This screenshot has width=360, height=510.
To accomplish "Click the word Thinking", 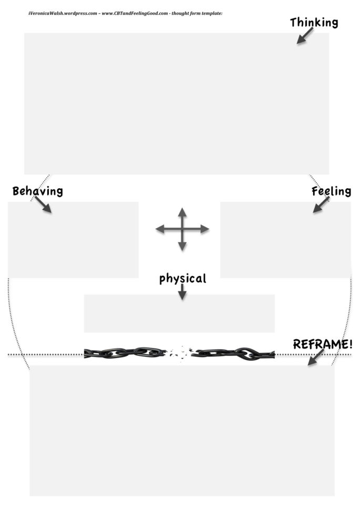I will click(x=314, y=22).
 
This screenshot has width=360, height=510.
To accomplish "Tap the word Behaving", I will click(x=37, y=191).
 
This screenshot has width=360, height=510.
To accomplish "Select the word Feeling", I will click(x=331, y=191).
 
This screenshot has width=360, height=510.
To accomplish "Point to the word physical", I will click(x=182, y=278).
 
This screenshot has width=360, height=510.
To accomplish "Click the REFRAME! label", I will click(x=323, y=344).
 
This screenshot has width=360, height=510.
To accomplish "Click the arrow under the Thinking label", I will click(x=304, y=36).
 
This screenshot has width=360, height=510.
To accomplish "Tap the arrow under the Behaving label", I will click(x=43, y=205).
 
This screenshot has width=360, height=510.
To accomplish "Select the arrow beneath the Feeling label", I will click(x=321, y=205).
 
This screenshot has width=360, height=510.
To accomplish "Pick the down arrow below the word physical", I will click(x=182, y=292).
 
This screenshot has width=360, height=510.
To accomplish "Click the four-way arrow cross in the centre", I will click(x=182, y=229).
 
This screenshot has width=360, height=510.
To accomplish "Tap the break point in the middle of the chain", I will click(x=180, y=353).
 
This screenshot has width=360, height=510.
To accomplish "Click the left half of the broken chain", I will click(x=125, y=353).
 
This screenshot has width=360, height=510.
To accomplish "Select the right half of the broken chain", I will click(x=234, y=353).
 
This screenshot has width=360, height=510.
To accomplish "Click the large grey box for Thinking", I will click(x=177, y=104).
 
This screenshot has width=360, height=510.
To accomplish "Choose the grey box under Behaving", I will click(x=73, y=240).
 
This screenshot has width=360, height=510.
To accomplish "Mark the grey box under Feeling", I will click(x=285, y=240).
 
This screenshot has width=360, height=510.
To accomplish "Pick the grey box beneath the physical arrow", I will click(x=179, y=313).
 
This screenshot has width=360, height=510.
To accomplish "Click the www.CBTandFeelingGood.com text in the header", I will click(x=137, y=13).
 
